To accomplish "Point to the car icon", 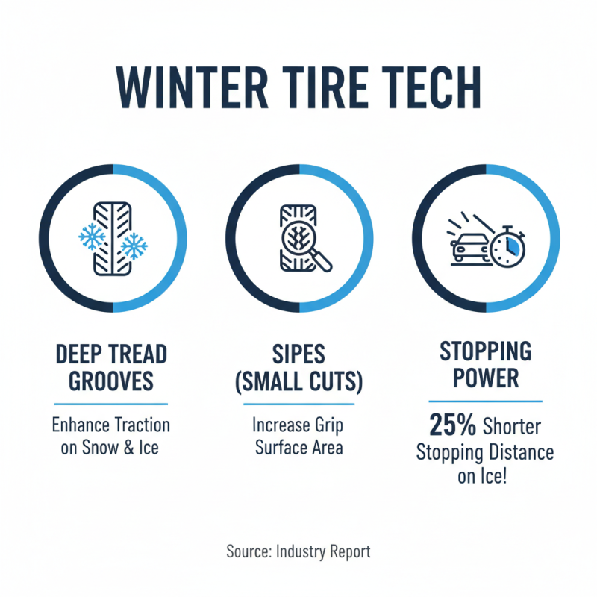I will (x=468, y=245).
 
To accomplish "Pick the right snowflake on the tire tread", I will (x=134, y=246).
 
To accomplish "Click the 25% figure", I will (x=453, y=426).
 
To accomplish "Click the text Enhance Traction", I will (x=111, y=425).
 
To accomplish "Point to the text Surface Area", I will (x=298, y=448).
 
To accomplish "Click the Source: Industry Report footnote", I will (x=298, y=552).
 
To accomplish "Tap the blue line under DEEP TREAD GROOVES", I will (x=111, y=404).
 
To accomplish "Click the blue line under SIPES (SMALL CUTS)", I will (x=298, y=404).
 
